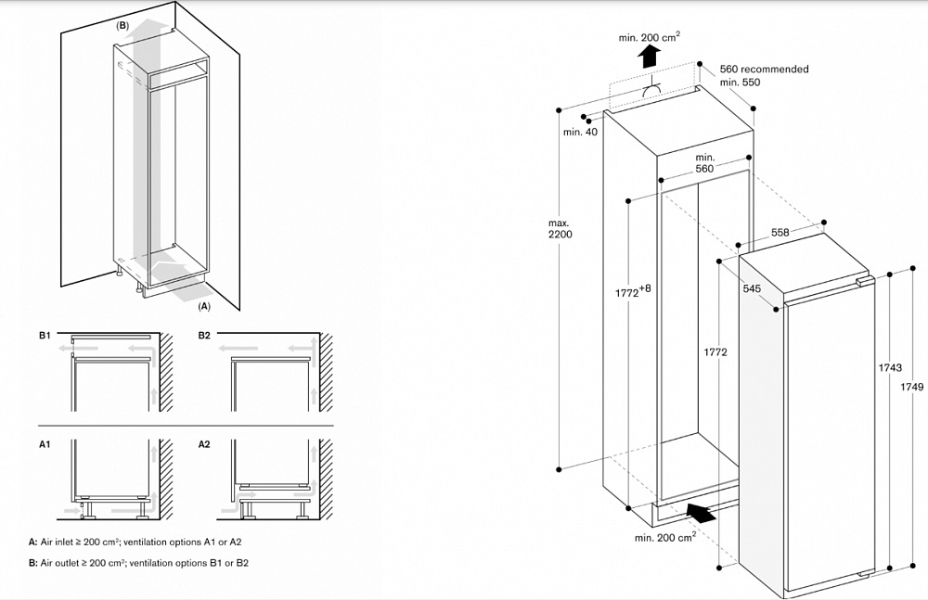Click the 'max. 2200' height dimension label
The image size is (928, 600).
(x=560, y=228)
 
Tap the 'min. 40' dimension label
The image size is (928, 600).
(x=580, y=132)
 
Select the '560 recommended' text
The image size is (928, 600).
(x=764, y=69)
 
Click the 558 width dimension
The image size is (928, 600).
(x=780, y=232)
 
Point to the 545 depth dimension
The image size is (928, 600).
(x=752, y=288)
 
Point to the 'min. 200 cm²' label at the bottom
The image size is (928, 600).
(x=665, y=537)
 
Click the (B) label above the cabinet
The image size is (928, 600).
(x=122, y=26)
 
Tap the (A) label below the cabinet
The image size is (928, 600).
(x=205, y=304)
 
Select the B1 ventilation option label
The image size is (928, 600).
(x=44, y=334)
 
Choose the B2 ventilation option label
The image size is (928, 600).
(x=204, y=334)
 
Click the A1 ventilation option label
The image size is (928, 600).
(x=44, y=445)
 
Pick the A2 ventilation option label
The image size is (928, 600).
(x=204, y=445)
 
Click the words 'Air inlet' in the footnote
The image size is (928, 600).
(x=58, y=541)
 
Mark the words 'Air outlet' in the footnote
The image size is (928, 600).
(x=60, y=563)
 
